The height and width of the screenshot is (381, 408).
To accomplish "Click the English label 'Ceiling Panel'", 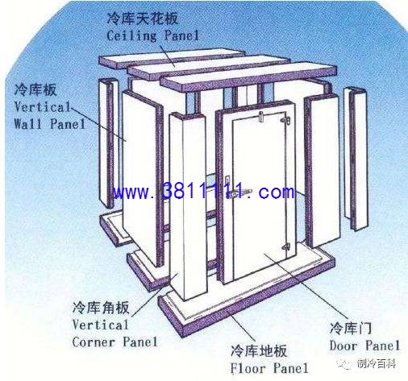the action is click(x=152, y=35).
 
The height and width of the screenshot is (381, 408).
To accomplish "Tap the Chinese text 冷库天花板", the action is click(x=143, y=19).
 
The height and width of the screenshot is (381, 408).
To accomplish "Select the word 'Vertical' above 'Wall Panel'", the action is click(x=43, y=107).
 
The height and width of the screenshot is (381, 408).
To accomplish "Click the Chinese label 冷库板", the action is click(x=35, y=89).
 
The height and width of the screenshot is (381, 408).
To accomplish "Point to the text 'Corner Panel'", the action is click(x=114, y=342).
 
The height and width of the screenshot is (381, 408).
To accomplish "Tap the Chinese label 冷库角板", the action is click(x=101, y=308).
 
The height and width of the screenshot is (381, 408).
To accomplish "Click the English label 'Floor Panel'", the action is click(x=269, y=368).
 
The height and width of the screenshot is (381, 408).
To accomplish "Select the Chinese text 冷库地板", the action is click(x=259, y=351).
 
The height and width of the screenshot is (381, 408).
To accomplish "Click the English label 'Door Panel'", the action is click(x=364, y=346).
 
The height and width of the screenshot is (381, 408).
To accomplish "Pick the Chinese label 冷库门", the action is click(x=351, y=328).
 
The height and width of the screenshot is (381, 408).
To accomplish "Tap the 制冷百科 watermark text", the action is click(x=377, y=364).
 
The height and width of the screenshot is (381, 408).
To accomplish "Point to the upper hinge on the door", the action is click(x=285, y=120).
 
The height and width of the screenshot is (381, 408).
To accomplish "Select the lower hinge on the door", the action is click(x=285, y=246).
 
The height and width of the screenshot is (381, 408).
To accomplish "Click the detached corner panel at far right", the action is click(x=356, y=159).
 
